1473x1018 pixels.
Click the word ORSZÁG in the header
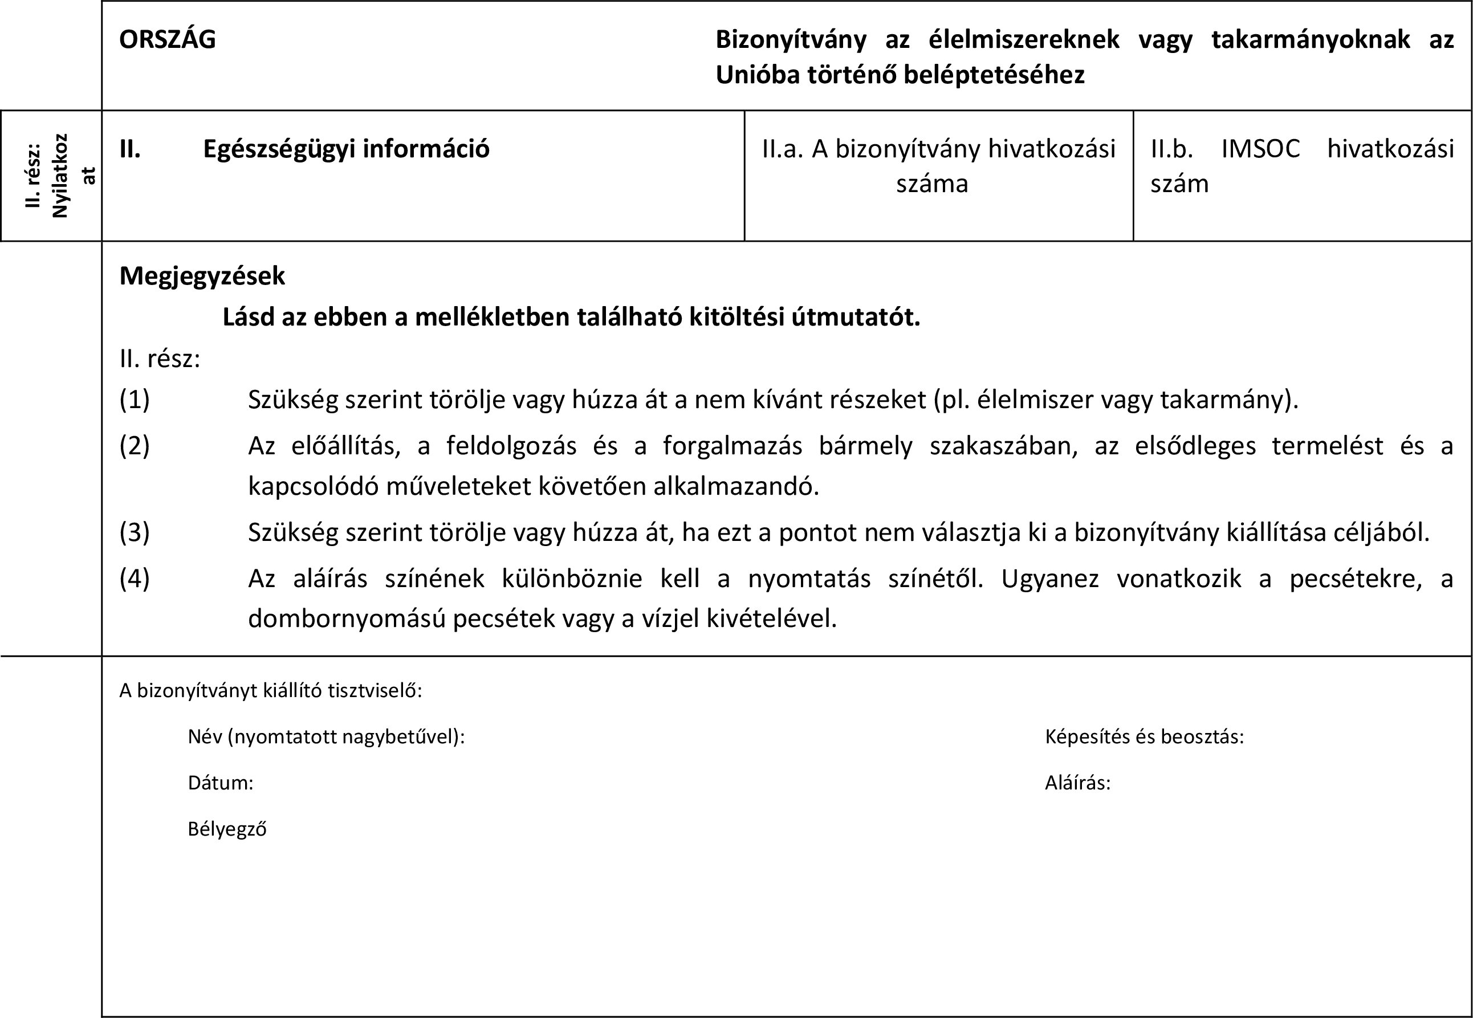(168, 40)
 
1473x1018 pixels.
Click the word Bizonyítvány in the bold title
(791, 40)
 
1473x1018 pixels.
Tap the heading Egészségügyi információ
(346, 149)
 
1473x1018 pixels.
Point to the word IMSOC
(1260, 149)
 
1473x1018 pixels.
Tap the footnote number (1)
(135, 400)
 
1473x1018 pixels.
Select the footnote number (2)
(135, 446)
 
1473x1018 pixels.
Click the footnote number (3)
(135, 532)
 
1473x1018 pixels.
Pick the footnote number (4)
(135, 579)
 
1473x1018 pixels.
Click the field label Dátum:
(221, 783)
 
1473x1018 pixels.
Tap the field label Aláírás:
(1077, 783)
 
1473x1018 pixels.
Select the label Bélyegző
(227, 829)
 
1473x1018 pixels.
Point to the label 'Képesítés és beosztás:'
(1145, 738)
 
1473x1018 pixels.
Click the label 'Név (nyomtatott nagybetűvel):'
(326, 738)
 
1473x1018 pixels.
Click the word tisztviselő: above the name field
(375, 691)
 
